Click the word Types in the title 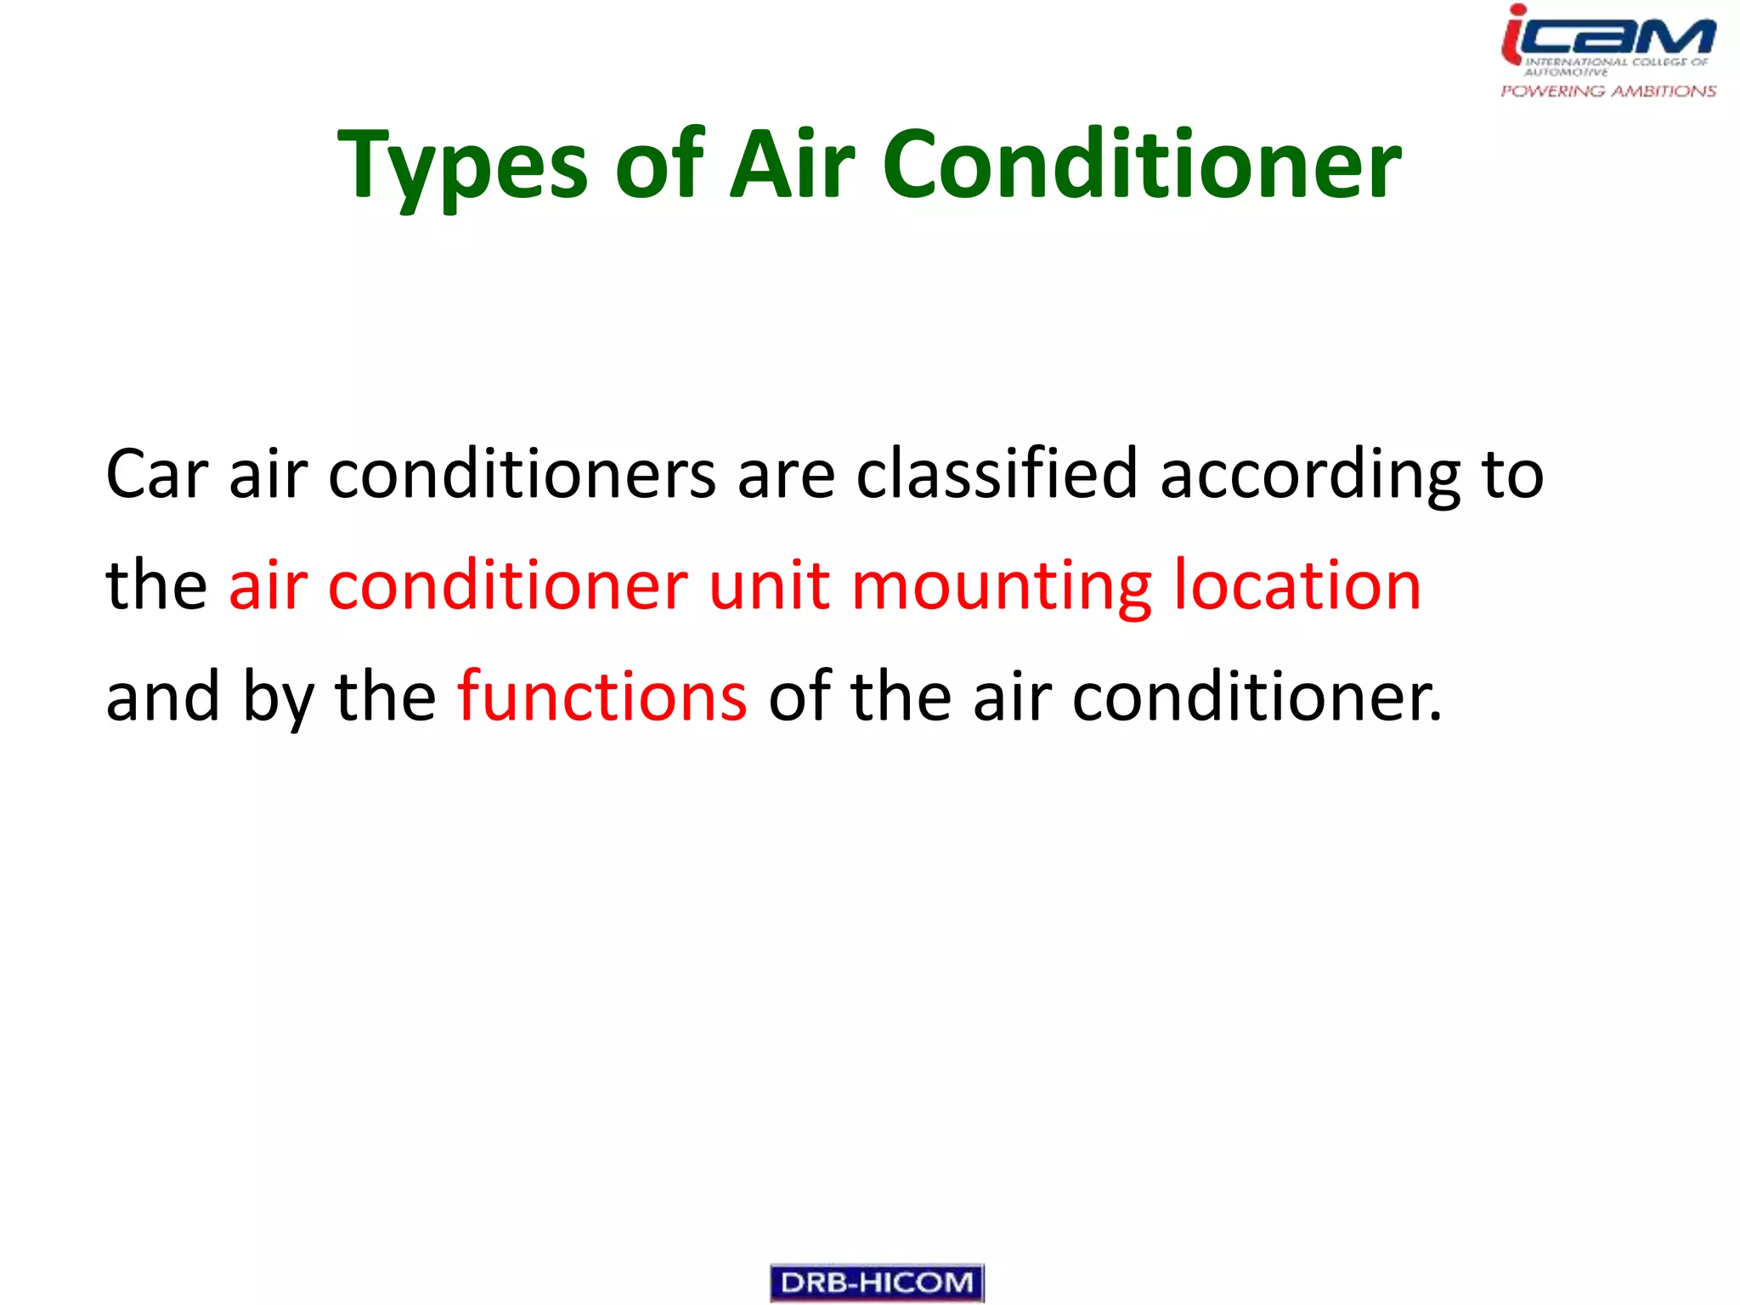click(x=463, y=166)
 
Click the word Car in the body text click(x=156, y=474)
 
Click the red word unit click(x=769, y=585)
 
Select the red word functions click(x=602, y=696)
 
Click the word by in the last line click(x=278, y=698)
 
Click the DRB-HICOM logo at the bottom click(x=877, y=1283)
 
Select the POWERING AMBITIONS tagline click(x=1608, y=91)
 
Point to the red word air click(x=268, y=585)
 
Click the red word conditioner click(x=507, y=585)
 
